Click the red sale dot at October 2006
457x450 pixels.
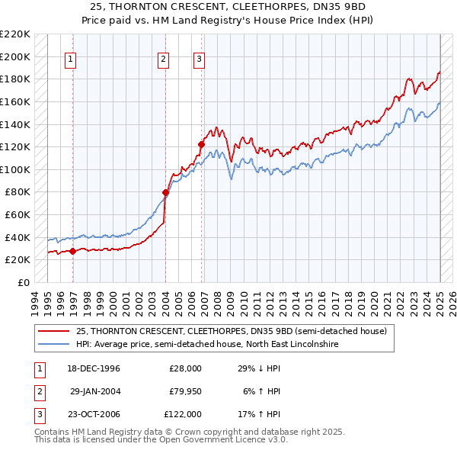[x=202, y=144]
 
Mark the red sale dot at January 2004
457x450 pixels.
[x=165, y=192]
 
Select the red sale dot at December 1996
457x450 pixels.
[x=73, y=250]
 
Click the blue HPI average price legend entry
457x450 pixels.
[x=206, y=345]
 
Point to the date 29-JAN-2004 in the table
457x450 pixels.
[x=95, y=391]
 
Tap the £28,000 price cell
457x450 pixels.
[x=185, y=368]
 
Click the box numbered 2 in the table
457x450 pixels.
[x=40, y=391]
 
